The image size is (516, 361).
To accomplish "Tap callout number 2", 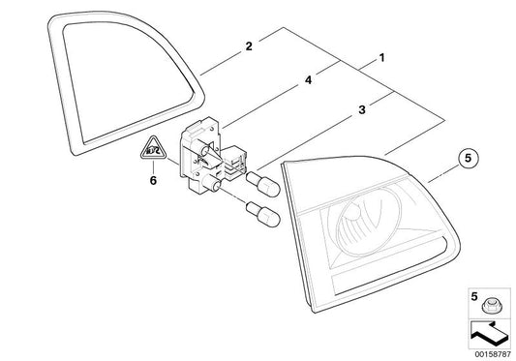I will [x=249, y=45].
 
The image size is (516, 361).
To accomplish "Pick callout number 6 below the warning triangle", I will [x=151, y=180].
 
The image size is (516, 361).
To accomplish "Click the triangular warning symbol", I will [x=151, y=149].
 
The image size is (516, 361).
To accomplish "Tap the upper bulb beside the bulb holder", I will [x=262, y=180].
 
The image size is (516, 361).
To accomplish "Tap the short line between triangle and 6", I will [x=151, y=166].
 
